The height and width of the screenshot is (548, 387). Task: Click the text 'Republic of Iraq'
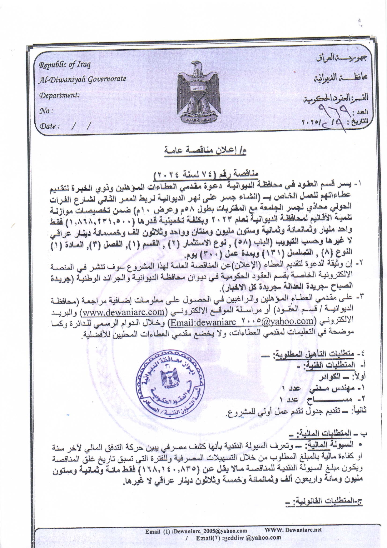65,65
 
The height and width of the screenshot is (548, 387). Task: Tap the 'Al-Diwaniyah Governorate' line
82,79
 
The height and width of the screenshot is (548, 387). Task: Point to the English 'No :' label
46,111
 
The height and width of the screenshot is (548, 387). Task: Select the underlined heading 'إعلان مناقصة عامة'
205,151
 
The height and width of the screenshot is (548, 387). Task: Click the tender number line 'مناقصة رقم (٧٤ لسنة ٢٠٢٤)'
206,173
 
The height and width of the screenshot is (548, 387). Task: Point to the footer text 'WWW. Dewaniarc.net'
293,530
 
